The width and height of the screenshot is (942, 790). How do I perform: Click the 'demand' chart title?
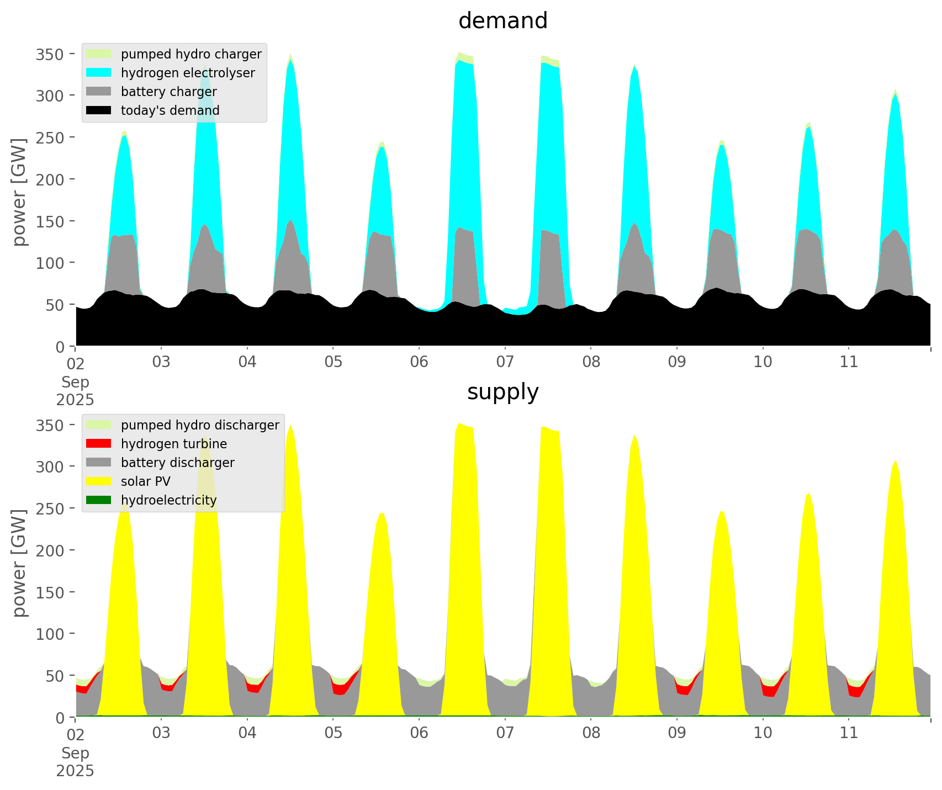502,21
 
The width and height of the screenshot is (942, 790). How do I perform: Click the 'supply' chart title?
502,392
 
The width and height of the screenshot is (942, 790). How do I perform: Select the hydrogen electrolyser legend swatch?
99,73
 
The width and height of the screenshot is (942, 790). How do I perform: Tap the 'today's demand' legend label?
170,110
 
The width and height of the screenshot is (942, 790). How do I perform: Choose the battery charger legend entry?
168,92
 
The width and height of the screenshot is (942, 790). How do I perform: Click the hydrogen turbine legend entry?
173,444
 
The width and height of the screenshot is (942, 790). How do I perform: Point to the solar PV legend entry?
145,481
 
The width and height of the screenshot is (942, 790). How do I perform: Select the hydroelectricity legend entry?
168,500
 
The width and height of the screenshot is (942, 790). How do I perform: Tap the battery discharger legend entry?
177,463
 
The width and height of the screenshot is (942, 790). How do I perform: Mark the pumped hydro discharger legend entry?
200,425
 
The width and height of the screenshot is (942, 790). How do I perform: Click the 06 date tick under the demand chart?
419,362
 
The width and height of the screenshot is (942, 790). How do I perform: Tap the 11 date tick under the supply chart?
849,733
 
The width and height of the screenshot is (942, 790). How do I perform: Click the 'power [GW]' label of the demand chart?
20,192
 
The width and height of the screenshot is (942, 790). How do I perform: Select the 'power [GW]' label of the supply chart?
20,563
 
